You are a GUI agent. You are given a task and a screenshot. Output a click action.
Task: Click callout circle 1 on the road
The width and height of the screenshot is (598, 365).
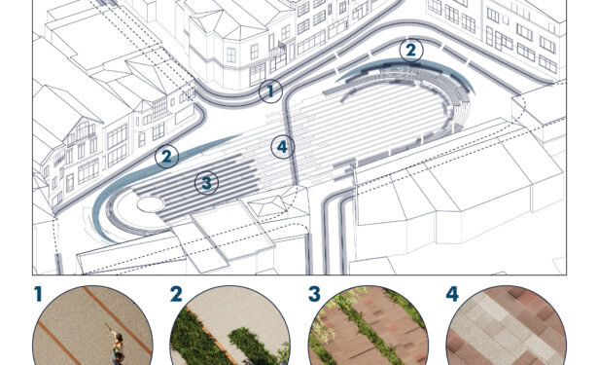pyautogui.click(x=270, y=91)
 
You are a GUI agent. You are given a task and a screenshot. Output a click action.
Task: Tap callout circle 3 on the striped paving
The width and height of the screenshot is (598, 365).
pyautogui.click(x=206, y=183)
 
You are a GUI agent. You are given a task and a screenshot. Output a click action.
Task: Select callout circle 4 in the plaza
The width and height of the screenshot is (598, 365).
pyautogui.click(x=283, y=147)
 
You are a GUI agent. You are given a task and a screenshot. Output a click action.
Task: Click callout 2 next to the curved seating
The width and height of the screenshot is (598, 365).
pyautogui.click(x=411, y=51)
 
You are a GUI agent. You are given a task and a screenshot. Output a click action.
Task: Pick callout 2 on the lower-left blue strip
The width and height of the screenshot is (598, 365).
pyautogui.click(x=166, y=157)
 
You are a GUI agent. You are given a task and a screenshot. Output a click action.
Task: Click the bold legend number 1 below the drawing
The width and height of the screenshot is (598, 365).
pyautogui.click(x=37, y=294)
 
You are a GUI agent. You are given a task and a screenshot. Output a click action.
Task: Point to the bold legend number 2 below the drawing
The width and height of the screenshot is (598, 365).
pyautogui.click(x=176, y=294)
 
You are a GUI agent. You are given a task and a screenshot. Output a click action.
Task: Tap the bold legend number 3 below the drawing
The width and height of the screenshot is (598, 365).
pyautogui.click(x=314, y=294)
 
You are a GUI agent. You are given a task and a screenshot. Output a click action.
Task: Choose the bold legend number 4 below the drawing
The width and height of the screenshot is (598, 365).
pyautogui.click(x=452, y=294)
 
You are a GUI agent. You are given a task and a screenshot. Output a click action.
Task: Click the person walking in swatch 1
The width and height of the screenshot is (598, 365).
pyautogui.click(x=118, y=347)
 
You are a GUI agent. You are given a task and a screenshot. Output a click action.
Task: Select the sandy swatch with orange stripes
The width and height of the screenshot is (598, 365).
pyautogui.click(x=92, y=326)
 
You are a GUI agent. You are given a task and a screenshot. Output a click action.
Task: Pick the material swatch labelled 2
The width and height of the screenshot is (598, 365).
pyautogui.click(x=230, y=326)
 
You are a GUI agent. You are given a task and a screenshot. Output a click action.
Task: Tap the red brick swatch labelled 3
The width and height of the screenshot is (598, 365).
pyautogui.click(x=368, y=326)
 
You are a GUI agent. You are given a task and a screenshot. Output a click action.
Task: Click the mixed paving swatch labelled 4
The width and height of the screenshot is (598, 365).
pyautogui.click(x=506, y=326)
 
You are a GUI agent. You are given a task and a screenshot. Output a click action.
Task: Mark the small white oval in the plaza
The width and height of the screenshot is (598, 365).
pyautogui.click(x=151, y=204)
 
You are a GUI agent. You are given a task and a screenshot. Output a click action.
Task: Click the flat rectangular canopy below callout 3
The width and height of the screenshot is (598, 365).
pyautogui.click(x=232, y=231)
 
